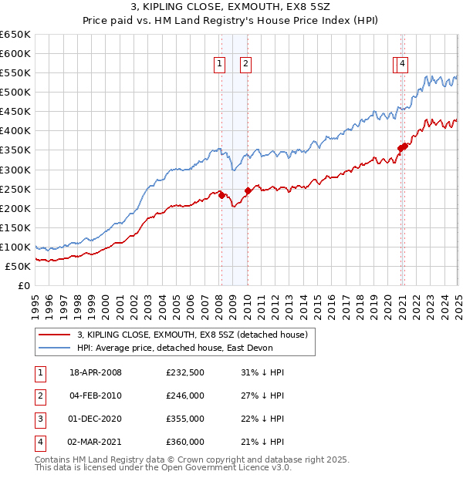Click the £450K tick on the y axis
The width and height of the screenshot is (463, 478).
coord(15,112)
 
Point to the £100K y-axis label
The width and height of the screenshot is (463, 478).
coord(15,247)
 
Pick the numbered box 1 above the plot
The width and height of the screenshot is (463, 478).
coord(220,65)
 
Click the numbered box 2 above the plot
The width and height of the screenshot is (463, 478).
coord(245,65)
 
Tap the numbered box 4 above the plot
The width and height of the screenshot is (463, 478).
coord(403,65)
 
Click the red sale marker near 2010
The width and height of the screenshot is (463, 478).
coord(248,190)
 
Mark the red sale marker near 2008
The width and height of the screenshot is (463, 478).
coord(222,195)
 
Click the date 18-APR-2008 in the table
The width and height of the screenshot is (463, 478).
coord(96,372)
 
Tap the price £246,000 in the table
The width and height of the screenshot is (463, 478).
coord(185,396)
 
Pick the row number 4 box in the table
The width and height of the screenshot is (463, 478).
coord(39,442)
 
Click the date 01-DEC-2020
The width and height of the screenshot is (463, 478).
coord(96,419)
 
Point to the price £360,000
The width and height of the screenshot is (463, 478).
coord(185,442)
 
